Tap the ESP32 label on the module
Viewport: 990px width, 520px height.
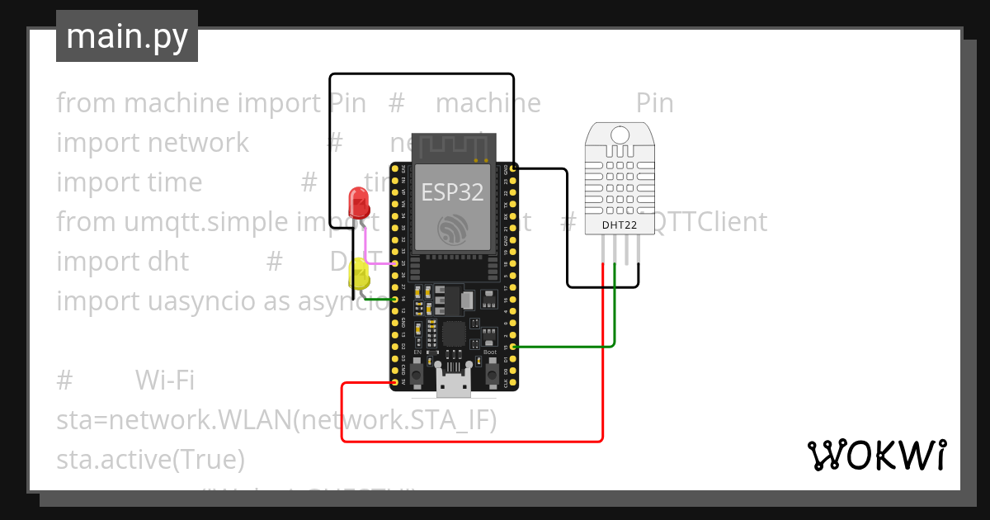[x=452, y=192]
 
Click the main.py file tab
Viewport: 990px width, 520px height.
[x=127, y=36]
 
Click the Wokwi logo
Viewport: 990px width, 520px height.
[x=875, y=456]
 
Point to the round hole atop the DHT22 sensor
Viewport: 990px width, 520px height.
[x=618, y=134]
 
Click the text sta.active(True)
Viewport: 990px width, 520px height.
[x=150, y=459]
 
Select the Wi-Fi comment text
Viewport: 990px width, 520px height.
[x=164, y=380]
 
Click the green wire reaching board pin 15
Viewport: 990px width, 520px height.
[x=569, y=347]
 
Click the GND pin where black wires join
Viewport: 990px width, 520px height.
[x=514, y=168]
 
